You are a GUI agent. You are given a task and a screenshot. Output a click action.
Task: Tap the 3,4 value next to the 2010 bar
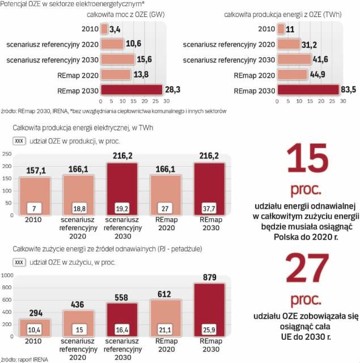[115, 28]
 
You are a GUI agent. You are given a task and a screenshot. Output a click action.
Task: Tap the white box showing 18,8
[78, 208]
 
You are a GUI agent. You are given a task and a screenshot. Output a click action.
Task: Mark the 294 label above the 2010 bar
[35, 313]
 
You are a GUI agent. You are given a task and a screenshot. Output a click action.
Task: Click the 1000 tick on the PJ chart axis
[7, 275]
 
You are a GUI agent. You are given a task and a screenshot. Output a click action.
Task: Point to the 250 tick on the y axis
[6, 154]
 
